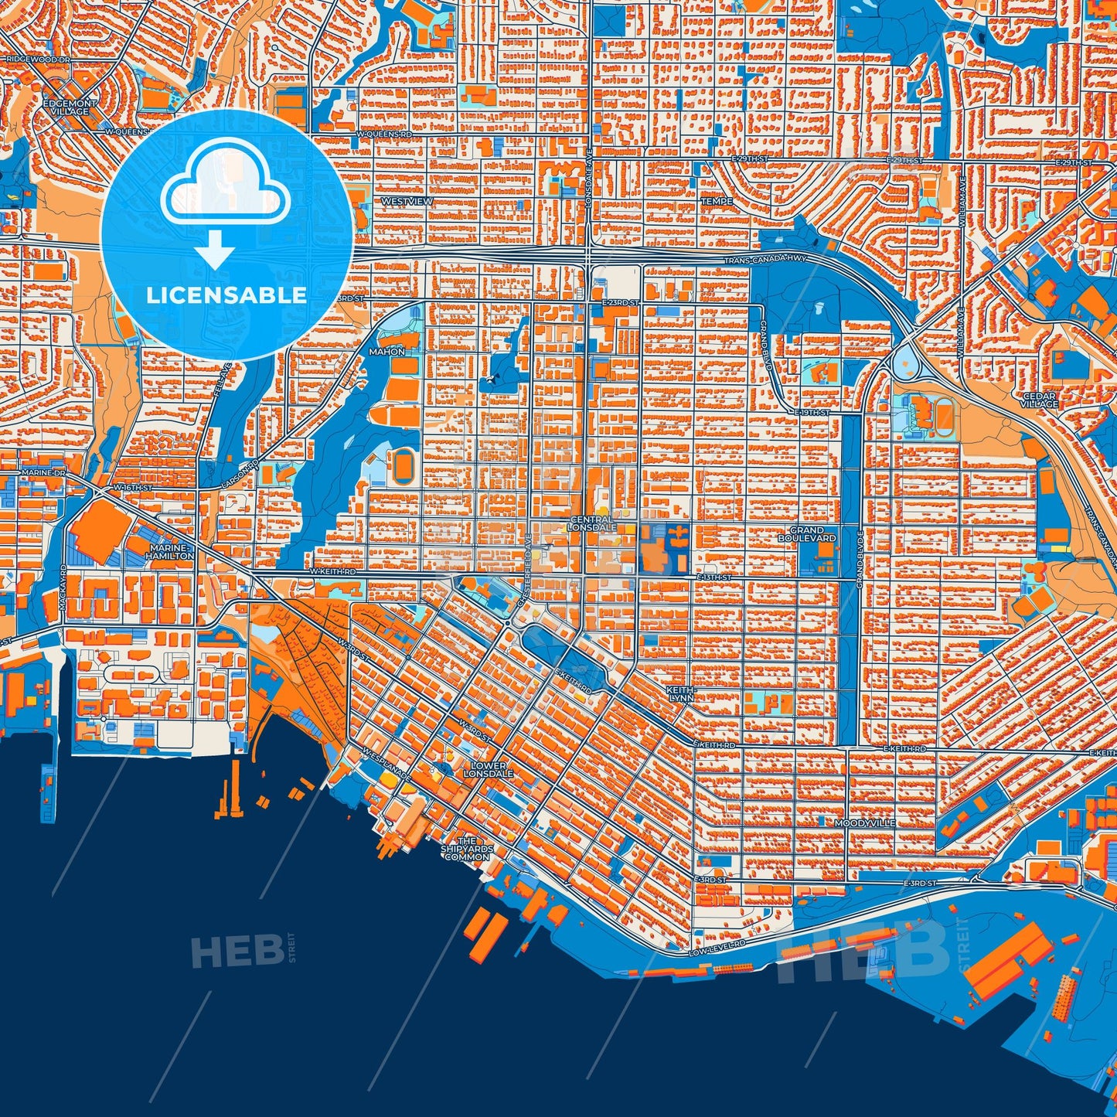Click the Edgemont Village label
70,107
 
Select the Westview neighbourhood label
407,201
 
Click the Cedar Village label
1040,400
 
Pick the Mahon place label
387,352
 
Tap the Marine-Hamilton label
170,551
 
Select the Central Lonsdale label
592,523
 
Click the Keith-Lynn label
680,693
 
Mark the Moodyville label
865,823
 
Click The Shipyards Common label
467,849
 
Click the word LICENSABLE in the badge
226,295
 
